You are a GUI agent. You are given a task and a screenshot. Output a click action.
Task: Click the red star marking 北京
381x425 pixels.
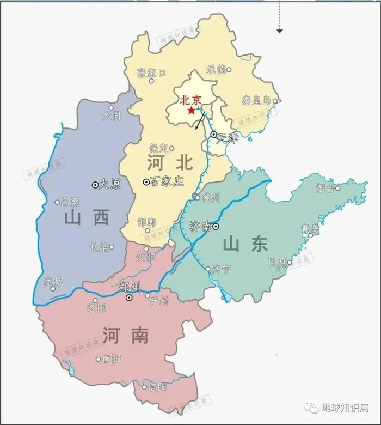click(x=191, y=111)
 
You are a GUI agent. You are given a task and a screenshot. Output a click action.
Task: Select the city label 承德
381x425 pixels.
click(x=216, y=69)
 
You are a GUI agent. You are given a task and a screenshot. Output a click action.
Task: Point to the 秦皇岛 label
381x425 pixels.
click(x=256, y=101)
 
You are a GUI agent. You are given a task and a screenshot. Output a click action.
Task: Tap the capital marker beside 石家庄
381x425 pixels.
click(x=146, y=182)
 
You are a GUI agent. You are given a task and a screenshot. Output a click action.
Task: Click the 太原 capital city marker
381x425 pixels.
click(x=95, y=185)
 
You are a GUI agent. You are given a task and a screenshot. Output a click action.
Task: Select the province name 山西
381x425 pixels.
click(x=86, y=218)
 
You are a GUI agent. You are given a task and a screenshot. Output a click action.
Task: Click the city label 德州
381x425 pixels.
click(x=210, y=197)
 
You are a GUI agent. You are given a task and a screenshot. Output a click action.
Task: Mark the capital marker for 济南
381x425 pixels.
click(x=216, y=226)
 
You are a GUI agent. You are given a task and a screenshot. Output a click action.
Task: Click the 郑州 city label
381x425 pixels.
click(x=130, y=287)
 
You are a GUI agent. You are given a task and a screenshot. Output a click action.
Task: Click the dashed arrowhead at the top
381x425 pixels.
click(x=280, y=31)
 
